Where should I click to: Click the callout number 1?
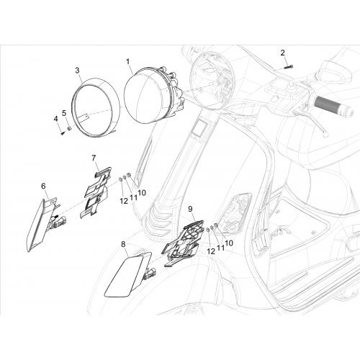[128, 62]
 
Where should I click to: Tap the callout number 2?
[283, 53]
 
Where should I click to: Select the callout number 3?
[77, 71]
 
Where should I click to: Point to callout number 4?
[55, 119]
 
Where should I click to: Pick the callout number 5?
[64, 113]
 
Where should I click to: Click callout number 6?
[43, 186]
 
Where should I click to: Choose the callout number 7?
[94, 158]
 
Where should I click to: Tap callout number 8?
[123, 244]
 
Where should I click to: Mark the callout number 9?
[190, 209]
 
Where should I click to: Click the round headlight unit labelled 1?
[153, 96]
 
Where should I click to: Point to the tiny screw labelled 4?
[63, 132]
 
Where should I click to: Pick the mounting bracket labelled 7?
[96, 192]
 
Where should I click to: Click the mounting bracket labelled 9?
[183, 243]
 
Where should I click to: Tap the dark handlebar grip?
[334, 106]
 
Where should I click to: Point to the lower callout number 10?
[229, 243]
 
